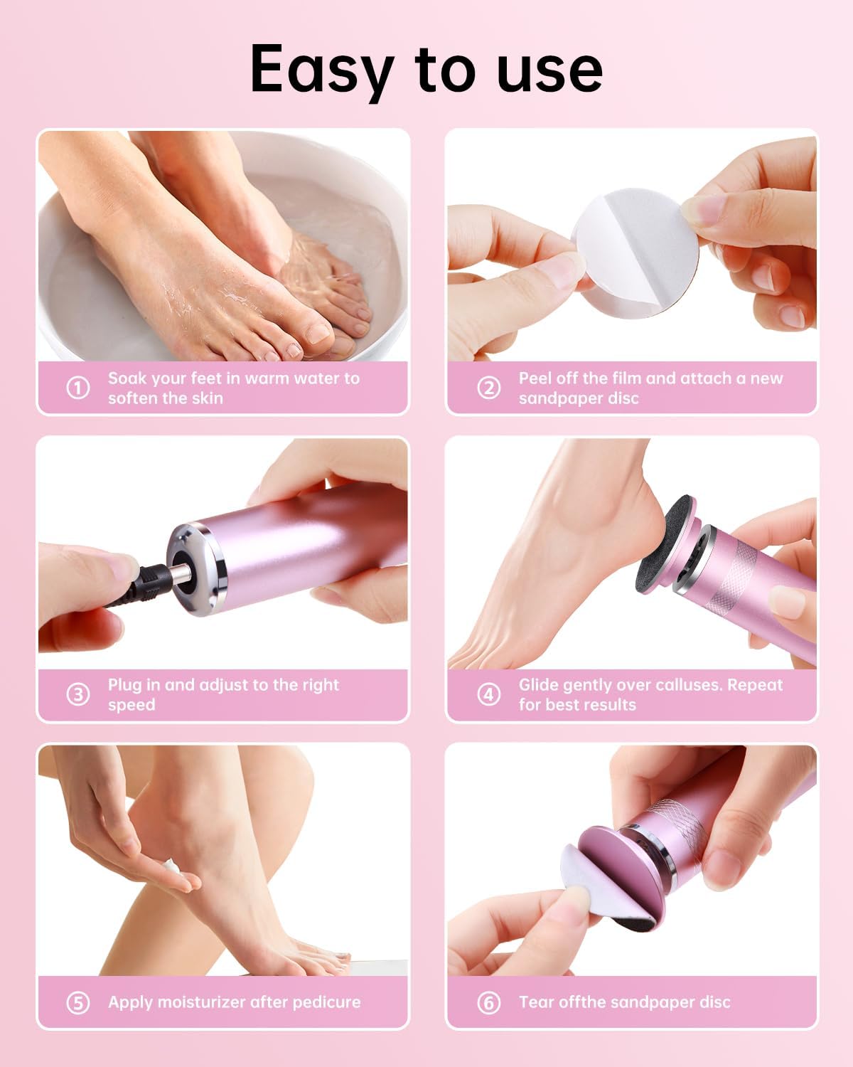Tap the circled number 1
pos(77,388)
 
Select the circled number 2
pos(488,388)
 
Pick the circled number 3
pos(77,695)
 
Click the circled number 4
pos(488,695)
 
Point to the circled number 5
pos(77,1003)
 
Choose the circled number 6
pos(488,1003)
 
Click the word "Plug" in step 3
pos(124,685)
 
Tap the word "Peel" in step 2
pos(535,378)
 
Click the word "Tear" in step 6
pos(536,1002)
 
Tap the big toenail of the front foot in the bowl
pos(317,334)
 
